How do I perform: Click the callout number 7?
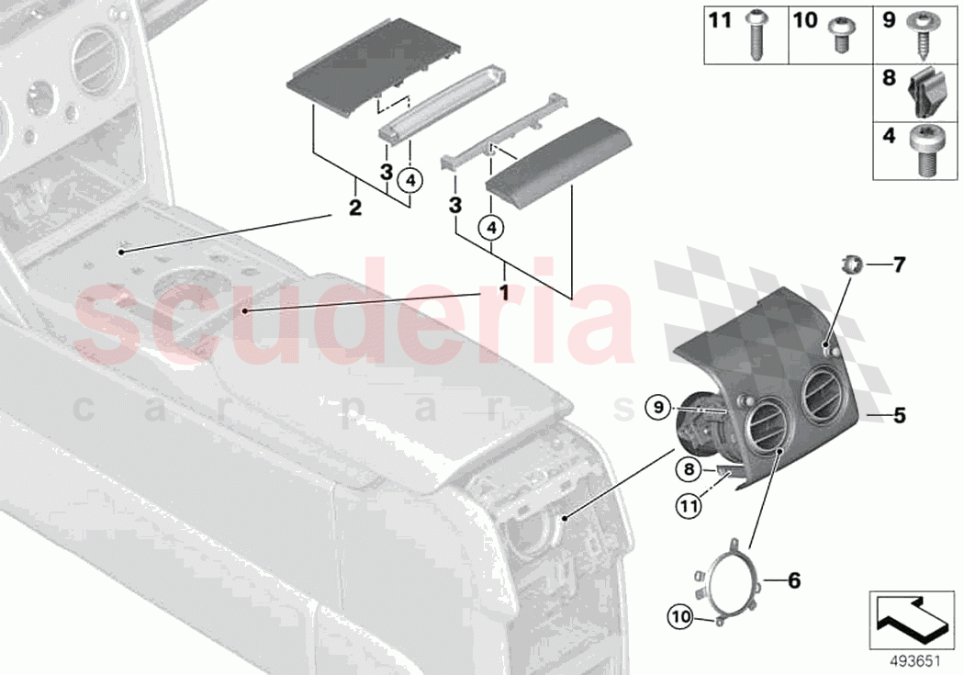(899, 265)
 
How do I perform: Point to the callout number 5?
(899, 416)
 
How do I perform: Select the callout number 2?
(355, 208)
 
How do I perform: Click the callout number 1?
(503, 294)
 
